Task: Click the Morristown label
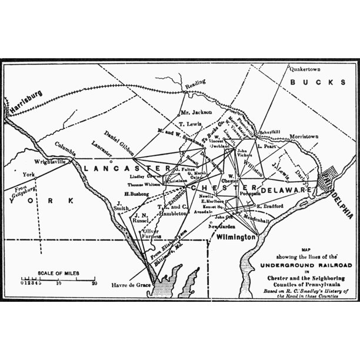[302, 136]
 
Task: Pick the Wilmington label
[235, 237]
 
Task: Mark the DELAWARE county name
[285, 191]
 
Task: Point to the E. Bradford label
[271, 206]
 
